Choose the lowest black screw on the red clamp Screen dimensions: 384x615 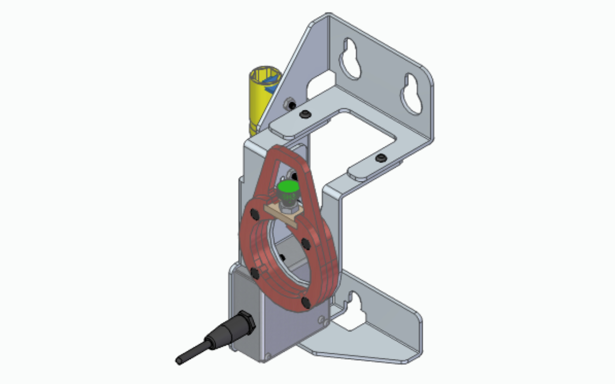[x=306, y=302]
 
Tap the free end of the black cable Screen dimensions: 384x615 [x=179, y=360]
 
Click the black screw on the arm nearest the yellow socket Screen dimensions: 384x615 [x=304, y=114]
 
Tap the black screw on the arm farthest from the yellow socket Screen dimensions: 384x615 [x=381, y=158]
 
